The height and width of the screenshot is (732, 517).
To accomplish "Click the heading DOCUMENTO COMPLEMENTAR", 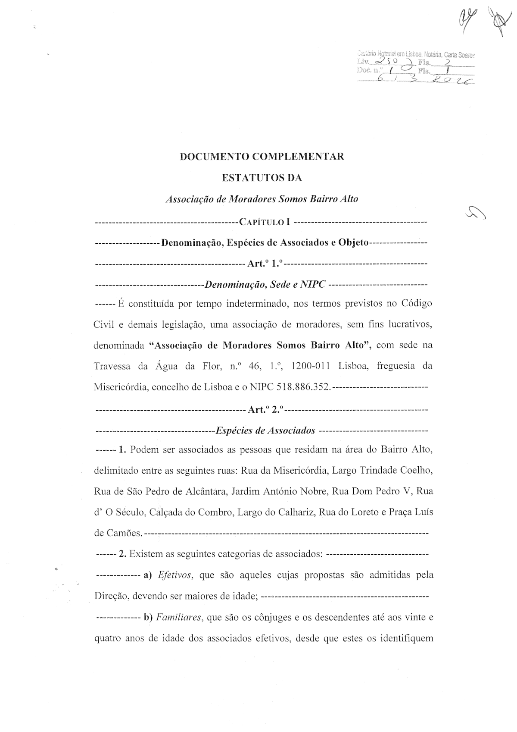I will point(262,157).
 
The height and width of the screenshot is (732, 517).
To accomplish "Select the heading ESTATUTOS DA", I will point(262,178).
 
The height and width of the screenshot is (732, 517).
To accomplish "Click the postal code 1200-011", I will point(310,366).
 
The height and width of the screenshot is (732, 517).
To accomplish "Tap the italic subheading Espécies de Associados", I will point(265,430).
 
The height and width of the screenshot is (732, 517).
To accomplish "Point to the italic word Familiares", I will point(179,617).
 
